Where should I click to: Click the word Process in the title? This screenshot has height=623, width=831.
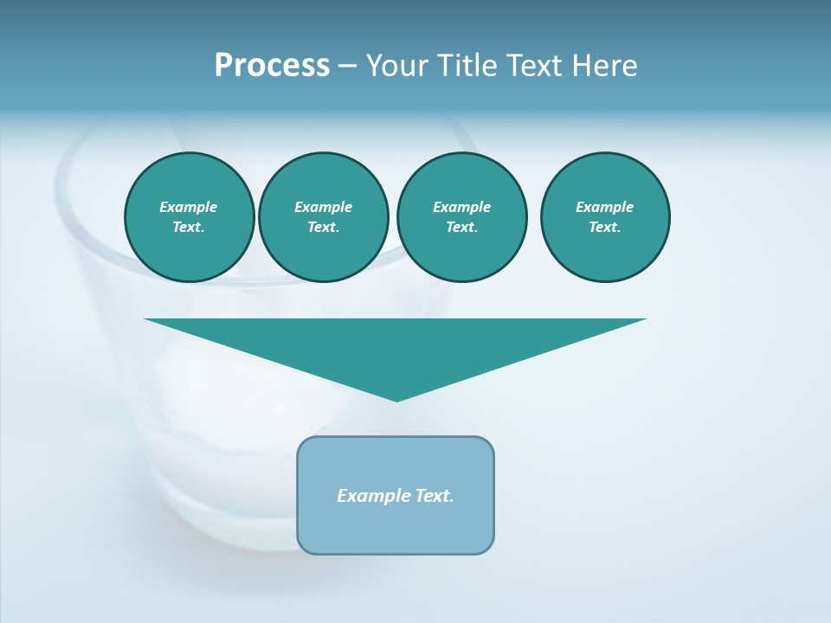coord(272,66)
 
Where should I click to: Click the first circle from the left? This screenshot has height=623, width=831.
coord(189,217)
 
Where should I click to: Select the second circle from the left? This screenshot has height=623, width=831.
coord(324,217)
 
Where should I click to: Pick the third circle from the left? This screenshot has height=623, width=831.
coord(461,217)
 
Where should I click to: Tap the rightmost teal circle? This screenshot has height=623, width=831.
coord(605,217)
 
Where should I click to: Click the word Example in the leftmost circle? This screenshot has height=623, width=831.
coord(189,208)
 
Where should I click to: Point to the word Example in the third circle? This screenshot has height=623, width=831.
coord(461,208)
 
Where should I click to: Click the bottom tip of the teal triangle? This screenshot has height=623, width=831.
coord(396,399)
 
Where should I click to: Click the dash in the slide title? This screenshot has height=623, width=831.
coord(347,66)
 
